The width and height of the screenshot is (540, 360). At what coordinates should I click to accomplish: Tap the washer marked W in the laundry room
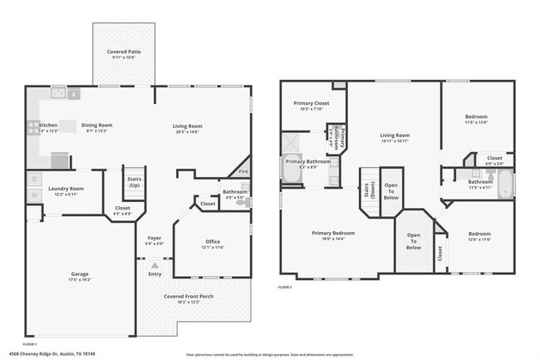point(34,195)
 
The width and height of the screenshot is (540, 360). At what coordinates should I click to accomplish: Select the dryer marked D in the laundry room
point(34,178)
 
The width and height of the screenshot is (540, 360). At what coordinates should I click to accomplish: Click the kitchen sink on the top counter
point(73,94)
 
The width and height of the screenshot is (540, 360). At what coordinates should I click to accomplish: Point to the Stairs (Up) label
point(134,181)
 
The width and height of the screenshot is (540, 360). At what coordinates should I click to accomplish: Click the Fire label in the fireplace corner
point(243,171)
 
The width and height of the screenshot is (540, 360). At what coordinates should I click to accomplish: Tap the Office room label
point(214,241)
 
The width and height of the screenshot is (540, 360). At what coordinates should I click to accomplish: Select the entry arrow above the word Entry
point(155,264)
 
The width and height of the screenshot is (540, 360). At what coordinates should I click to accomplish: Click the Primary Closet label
point(312,103)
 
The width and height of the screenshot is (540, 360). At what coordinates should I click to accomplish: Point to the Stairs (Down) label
point(367,197)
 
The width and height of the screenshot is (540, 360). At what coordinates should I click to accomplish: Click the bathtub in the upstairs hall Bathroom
point(505,183)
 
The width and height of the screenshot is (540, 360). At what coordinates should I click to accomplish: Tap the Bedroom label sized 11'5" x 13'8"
point(476,116)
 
